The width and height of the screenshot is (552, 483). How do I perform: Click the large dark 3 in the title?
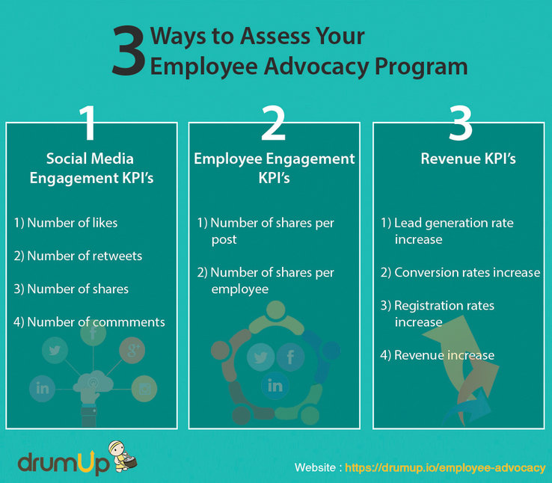click(129, 50)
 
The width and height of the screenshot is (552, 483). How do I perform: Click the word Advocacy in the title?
click(316, 67)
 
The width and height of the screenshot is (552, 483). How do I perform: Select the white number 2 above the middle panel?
click(273, 123)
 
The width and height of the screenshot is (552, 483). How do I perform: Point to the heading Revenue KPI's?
click(468, 159)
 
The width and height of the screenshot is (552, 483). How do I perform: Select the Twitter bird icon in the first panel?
click(55, 351)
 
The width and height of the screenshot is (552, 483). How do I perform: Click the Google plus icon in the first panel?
click(132, 351)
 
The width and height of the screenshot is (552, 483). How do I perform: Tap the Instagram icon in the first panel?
click(144, 389)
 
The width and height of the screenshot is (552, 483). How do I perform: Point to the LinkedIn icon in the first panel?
click(42, 388)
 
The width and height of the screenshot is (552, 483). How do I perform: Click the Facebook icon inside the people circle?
click(290, 357)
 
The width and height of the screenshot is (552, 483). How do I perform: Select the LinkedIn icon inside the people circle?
click(275, 386)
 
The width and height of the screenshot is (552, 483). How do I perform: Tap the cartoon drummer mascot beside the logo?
click(122, 456)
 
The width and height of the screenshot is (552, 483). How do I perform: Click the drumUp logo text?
click(64, 462)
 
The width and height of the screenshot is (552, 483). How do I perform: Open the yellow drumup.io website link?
click(445, 467)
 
